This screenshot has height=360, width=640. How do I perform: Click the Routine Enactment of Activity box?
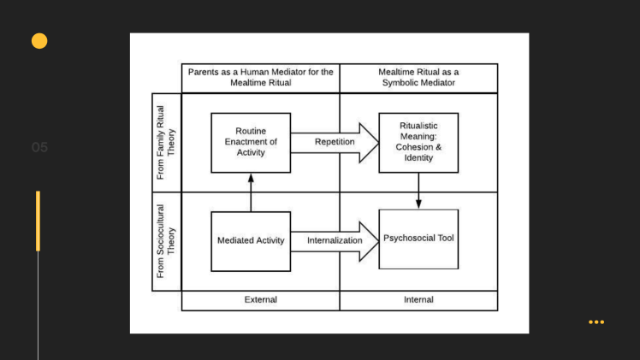[x=251, y=142]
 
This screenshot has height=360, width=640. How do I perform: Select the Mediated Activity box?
[x=251, y=241]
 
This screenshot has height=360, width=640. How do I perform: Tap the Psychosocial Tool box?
[x=418, y=239]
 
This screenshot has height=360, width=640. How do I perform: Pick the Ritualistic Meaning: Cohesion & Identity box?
[x=418, y=142]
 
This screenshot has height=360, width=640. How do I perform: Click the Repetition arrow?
[x=335, y=142]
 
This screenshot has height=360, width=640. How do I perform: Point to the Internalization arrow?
[x=335, y=241]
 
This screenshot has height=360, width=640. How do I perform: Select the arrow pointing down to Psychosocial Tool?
[x=418, y=191]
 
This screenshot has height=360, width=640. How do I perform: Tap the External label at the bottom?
[x=260, y=300]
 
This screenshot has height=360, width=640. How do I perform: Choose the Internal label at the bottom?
[x=418, y=300]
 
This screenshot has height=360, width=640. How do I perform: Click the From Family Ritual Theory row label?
[x=166, y=142]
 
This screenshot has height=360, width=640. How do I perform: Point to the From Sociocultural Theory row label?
[x=166, y=241]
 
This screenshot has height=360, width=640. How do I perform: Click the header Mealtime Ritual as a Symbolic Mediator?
[x=418, y=78]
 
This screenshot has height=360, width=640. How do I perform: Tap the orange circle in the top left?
[x=39, y=40]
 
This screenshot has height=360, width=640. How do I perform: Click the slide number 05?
[x=40, y=148]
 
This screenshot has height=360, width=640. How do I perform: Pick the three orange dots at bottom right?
[x=596, y=322]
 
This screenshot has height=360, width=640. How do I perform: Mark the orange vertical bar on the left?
[x=38, y=221]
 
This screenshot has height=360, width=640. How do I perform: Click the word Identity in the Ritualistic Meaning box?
[x=418, y=157]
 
